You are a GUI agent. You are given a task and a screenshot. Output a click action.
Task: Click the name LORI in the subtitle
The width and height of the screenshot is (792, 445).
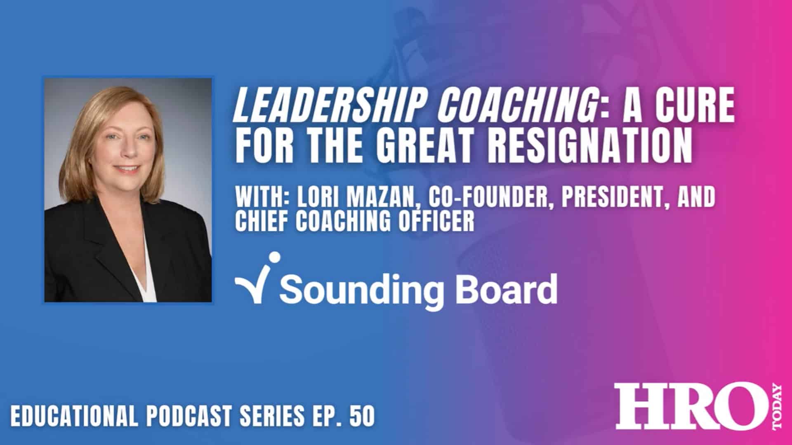pyautogui.click(x=317, y=198)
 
